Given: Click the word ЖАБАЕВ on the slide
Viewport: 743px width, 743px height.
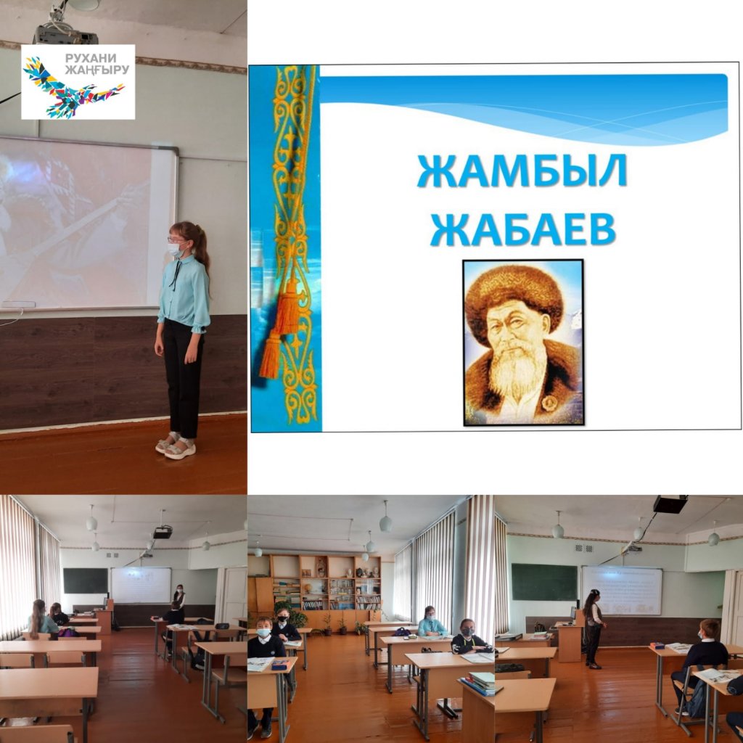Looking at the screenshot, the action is (x=522, y=229).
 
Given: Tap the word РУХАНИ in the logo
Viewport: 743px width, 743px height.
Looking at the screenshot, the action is (x=91, y=58).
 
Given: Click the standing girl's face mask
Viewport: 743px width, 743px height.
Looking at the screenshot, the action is (x=176, y=250).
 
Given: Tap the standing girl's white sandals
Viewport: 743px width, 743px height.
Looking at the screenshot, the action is (x=176, y=446).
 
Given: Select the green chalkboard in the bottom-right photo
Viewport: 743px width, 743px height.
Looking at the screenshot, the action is (x=544, y=583).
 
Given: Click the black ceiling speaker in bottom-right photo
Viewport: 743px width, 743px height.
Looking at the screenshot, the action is (x=670, y=504).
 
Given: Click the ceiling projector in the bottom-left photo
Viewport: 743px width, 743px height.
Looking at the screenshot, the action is (x=163, y=532).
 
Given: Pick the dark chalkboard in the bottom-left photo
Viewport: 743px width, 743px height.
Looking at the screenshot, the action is (x=86, y=580).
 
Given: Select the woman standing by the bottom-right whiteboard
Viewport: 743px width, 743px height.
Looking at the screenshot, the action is (x=594, y=628).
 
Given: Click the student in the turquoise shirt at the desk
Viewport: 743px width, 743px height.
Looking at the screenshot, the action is (x=430, y=621).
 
